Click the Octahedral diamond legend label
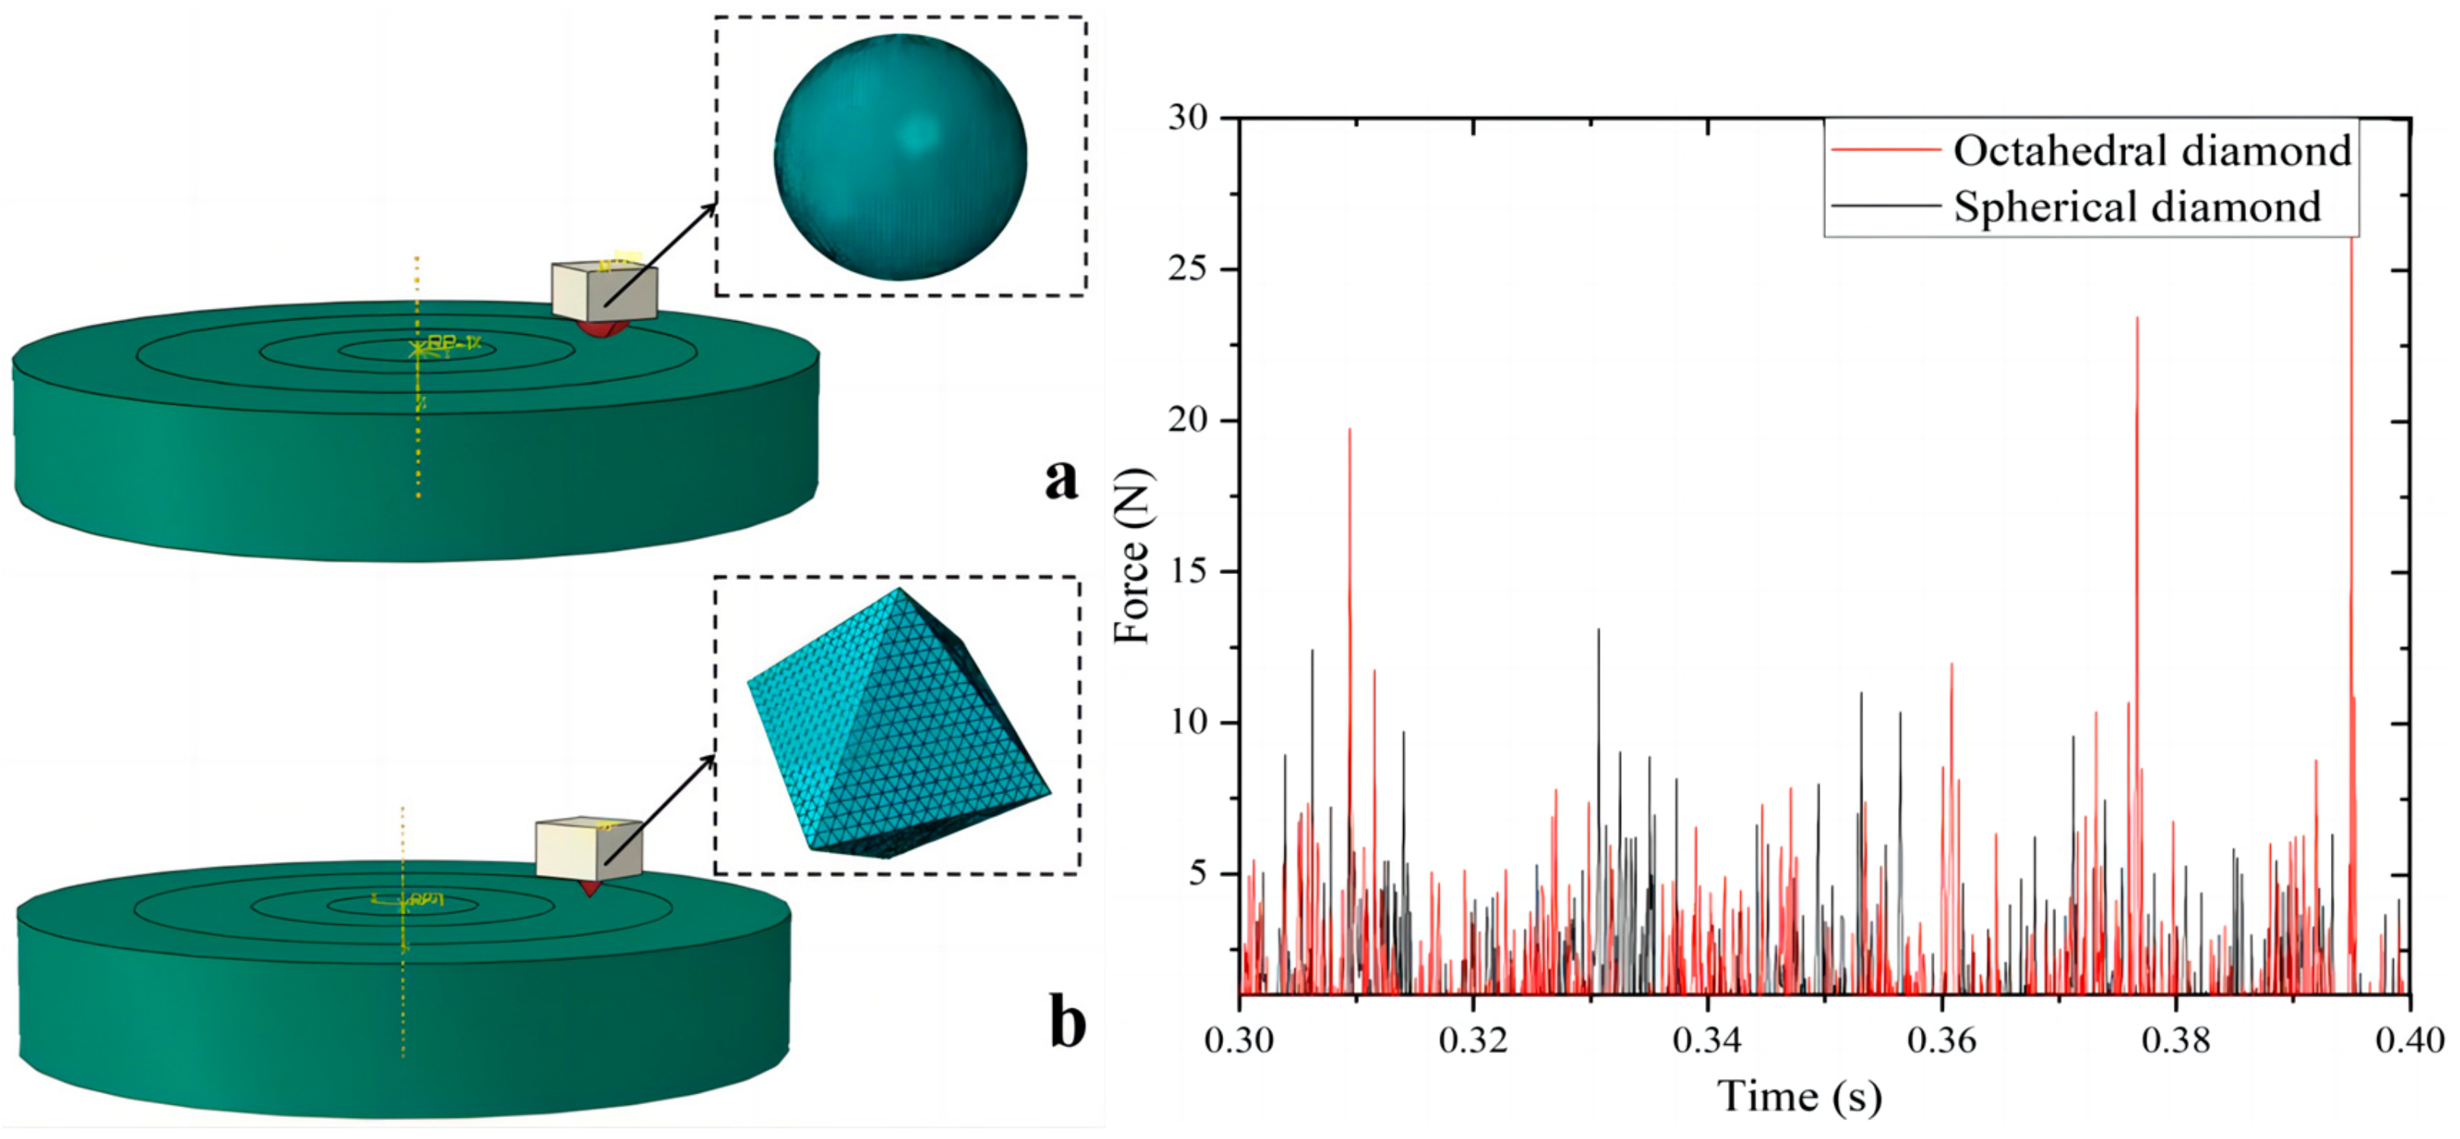click(2150, 152)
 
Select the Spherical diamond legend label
click(2137, 207)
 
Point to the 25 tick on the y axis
click(1188, 270)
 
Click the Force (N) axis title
click(1134, 556)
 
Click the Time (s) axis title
click(1799, 1096)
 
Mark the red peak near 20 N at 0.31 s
click(1349, 431)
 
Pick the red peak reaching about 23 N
click(2137, 320)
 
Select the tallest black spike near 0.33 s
click(1598, 632)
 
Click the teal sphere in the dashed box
click(900, 157)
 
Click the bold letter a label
click(1061, 478)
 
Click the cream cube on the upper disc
click(604, 291)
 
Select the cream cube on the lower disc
click(588, 848)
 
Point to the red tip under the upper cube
click(604, 329)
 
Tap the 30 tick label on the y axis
click(1188, 118)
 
